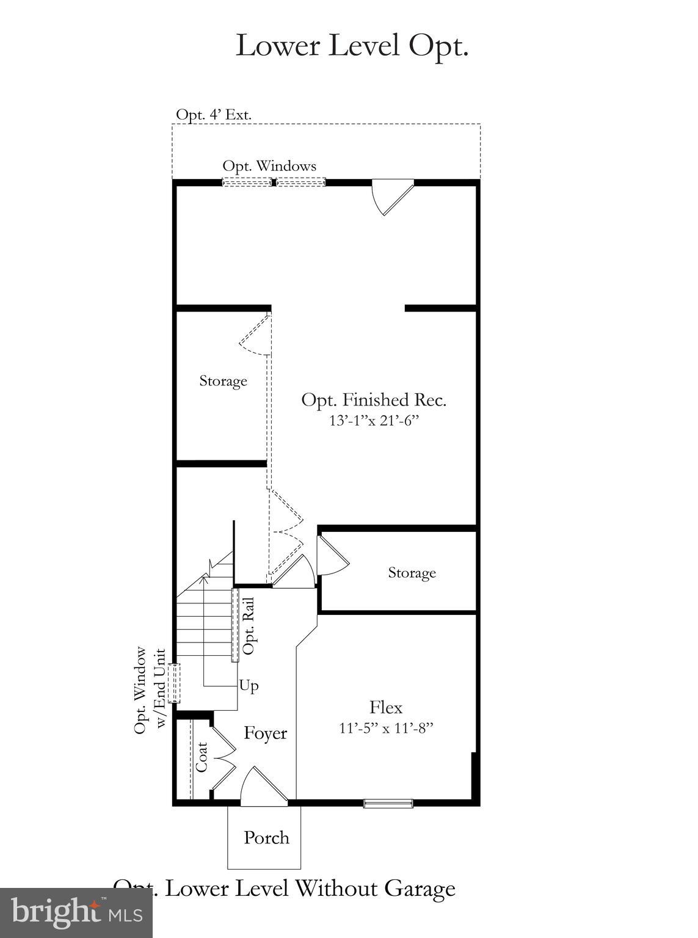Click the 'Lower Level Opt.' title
point(352,46)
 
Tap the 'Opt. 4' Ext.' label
point(214,115)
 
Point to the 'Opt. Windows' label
point(269,166)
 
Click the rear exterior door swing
point(391,195)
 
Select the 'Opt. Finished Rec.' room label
point(374,401)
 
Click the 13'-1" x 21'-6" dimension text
point(374,421)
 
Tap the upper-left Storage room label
point(223,381)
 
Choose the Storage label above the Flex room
point(412,573)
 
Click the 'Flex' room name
point(386,708)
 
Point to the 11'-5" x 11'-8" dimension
point(386,728)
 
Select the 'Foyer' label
point(265,733)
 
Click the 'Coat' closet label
point(202,757)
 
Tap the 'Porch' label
point(266,837)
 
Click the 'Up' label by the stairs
point(249,686)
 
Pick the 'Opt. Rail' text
point(249,626)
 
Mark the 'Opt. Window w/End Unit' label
point(150,690)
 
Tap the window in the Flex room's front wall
point(388,803)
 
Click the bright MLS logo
point(76,912)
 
